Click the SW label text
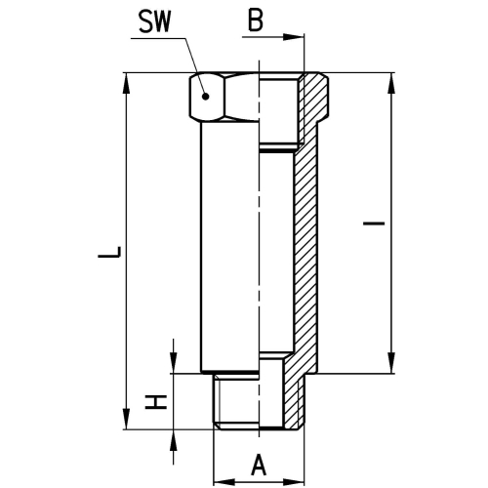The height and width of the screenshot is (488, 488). pyautogui.click(x=155, y=22)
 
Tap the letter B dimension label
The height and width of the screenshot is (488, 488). pyautogui.click(x=256, y=21)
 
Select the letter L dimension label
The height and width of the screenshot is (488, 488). pyautogui.click(x=109, y=253)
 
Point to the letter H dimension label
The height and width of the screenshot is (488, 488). pyautogui.click(x=156, y=402)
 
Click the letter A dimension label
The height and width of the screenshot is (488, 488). pyautogui.click(x=259, y=465)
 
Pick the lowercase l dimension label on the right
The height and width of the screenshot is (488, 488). pyautogui.click(x=374, y=224)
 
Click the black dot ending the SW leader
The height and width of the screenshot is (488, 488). pyautogui.click(x=205, y=97)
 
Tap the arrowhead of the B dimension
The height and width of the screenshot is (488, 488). pyautogui.click(x=293, y=37)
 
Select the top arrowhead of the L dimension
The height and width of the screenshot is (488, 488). pyautogui.click(x=126, y=84)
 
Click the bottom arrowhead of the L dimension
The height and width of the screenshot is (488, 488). pyautogui.click(x=126, y=419)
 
